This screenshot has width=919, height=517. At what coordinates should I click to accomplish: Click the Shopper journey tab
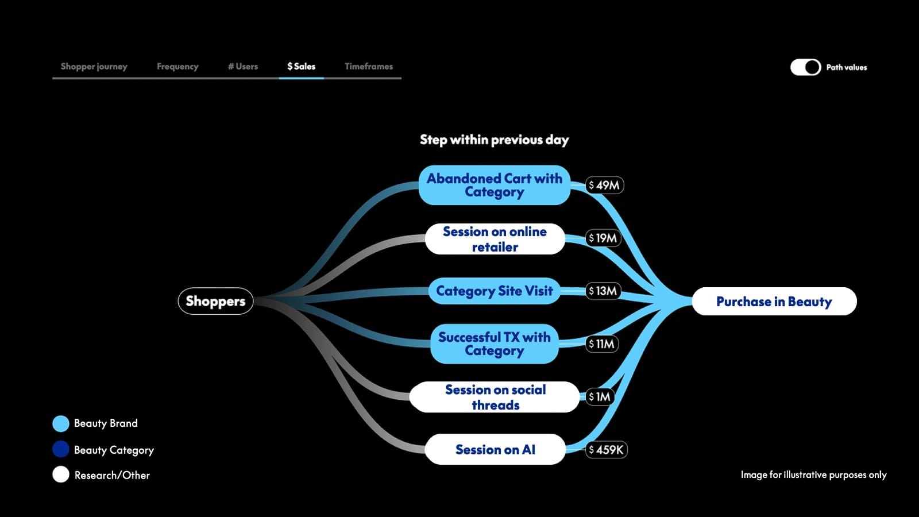[94, 67]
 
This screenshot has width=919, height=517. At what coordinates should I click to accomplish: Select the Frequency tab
[177, 67]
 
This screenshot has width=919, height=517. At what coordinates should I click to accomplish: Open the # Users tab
[243, 67]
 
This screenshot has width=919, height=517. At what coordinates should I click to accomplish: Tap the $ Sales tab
[302, 67]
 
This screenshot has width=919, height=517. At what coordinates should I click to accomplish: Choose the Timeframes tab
[369, 67]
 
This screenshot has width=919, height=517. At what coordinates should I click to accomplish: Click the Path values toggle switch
[805, 67]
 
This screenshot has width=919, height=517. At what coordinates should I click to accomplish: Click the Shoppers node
[215, 301]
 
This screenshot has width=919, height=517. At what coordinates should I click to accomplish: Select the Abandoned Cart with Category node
[494, 185]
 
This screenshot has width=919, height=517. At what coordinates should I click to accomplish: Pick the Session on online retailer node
[495, 239]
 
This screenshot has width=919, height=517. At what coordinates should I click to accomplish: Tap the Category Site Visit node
[494, 291]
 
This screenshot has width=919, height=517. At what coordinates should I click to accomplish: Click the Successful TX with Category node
[494, 344]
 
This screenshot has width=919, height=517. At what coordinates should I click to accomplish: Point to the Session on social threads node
[495, 397]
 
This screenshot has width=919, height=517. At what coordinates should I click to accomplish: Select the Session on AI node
[495, 449]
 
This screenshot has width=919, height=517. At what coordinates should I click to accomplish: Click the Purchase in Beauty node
[774, 302]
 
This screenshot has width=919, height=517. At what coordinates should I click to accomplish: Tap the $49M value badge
[604, 185]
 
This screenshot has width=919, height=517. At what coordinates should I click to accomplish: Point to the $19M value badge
[603, 238]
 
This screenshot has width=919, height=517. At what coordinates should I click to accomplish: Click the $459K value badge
[606, 450]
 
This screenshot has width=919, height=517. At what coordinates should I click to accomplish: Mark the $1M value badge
[600, 397]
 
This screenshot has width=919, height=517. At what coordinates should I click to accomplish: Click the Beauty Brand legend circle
[61, 424]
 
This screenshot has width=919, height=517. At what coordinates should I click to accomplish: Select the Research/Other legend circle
[61, 474]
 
